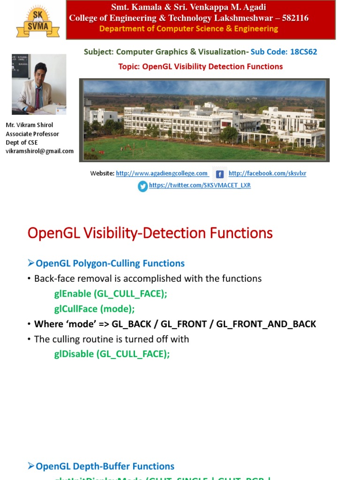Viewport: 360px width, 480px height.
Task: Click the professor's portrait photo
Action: point(39,84)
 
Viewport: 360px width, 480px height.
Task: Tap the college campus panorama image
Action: point(204,120)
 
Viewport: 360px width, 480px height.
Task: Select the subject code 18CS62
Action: point(303,52)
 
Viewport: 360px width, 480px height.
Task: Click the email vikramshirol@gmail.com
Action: point(39,151)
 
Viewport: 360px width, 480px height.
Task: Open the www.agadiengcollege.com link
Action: point(162,173)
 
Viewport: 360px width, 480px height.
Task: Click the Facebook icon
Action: point(219,174)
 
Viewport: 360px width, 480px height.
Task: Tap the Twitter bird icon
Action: point(142,186)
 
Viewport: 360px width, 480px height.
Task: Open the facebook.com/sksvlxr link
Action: point(267,173)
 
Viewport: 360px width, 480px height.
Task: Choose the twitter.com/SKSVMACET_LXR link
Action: point(200,186)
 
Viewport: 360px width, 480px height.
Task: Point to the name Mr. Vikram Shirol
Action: point(29,126)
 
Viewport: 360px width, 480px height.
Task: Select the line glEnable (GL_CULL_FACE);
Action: point(111,293)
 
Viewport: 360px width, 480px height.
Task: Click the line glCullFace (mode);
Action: point(94,309)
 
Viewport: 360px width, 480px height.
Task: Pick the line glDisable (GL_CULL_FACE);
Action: point(112,354)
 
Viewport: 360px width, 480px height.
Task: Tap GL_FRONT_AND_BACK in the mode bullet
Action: point(266,324)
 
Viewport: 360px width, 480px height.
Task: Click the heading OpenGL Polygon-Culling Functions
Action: point(110,263)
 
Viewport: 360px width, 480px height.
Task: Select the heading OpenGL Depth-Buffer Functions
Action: point(105,466)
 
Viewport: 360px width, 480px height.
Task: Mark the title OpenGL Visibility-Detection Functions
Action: point(150,233)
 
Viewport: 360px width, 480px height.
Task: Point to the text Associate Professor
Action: point(32,134)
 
